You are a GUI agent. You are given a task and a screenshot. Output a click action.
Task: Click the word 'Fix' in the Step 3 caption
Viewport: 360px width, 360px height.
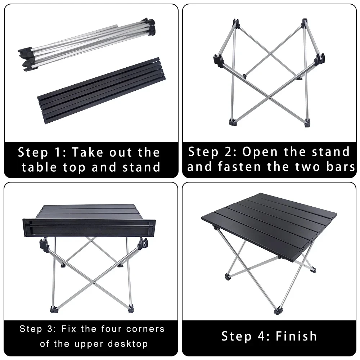tap(70, 329)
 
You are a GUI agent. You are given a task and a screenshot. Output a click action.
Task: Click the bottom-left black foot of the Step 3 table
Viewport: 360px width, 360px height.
tap(53, 309)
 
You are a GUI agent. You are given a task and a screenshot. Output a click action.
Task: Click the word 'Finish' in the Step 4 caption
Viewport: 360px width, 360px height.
tap(297, 336)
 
